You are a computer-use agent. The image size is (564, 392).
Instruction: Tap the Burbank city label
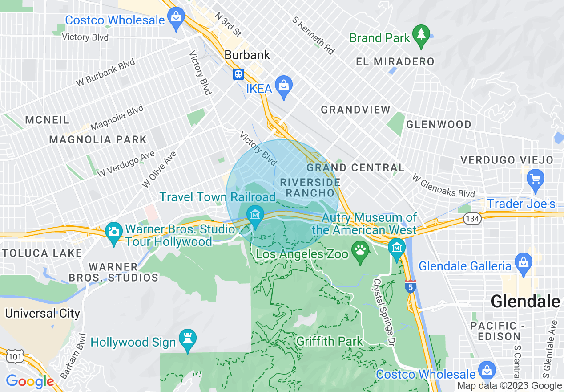(247, 55)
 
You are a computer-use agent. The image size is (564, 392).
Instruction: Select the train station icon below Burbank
(238, 74)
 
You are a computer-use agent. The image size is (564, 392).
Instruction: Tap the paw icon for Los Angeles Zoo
(361, 250)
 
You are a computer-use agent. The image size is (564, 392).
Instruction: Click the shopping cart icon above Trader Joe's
(535, 179)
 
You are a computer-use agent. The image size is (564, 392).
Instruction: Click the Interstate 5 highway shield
(410, 287)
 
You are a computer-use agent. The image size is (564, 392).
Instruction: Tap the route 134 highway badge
(471, 218)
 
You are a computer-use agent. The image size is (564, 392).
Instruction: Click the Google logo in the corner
(30, 381)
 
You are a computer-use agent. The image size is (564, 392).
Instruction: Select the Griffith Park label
(329, 342)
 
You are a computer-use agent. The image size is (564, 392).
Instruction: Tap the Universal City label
(42, 313)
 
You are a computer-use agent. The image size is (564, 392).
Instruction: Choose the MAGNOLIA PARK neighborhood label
(98, 139)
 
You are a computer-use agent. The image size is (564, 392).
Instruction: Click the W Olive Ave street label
(159, 169)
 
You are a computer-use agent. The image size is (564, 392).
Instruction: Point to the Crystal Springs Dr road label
(384, 307)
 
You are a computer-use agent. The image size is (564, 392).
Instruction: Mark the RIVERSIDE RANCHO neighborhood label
(310, 188)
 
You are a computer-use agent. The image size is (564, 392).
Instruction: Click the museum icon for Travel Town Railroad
(256, 216)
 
